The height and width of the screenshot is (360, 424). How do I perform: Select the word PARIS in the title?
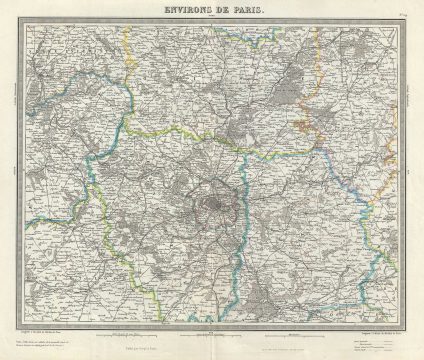245,9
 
